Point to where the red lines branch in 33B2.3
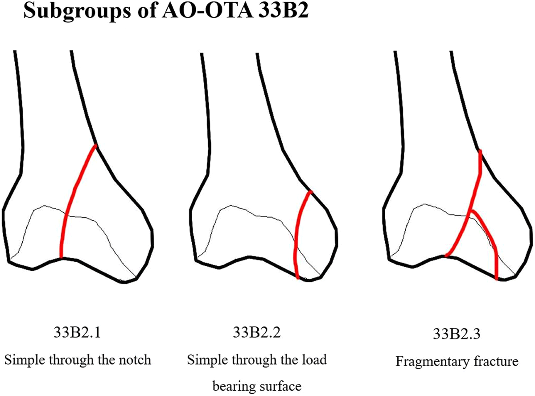pos(471,211)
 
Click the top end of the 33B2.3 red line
pos(480,152)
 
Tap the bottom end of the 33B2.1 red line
pos(61,256)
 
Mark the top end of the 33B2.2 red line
pos(311,192)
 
